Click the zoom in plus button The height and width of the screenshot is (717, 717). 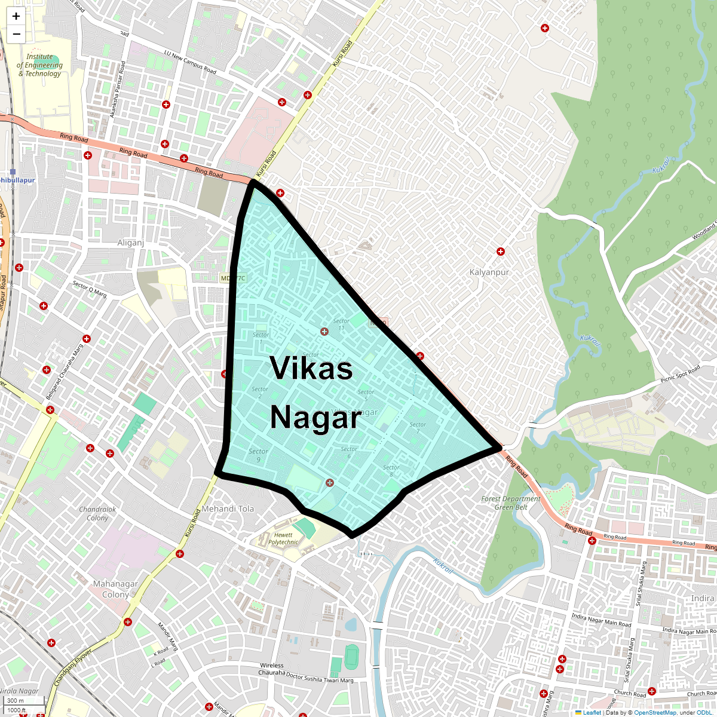point(16,17)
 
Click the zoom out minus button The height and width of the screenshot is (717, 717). point(16,34)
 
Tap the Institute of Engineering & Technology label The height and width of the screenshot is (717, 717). point(39,65)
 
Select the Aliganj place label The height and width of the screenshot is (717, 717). point(131,243)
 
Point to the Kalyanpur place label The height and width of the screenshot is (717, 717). point(489,272)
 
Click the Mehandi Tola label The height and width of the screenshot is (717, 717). point(228,508)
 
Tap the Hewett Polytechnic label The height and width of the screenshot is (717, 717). point(283,538)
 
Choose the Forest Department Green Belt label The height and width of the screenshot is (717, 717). point(511,502)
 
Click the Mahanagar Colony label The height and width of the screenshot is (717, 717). point(115,589)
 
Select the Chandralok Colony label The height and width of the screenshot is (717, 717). point(97,513)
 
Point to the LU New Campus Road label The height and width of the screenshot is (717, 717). point(190,62)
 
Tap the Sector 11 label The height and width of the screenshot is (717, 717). point(341,324)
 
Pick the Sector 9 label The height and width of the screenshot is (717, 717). point(258,455)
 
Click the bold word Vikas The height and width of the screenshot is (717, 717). point(311,368)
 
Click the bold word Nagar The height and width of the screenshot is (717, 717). point(315,418)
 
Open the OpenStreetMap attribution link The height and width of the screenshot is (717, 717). point(655,712)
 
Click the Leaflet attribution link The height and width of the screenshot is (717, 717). point(592,712)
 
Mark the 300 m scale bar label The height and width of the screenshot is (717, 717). point(16,700)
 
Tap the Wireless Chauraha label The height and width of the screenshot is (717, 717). point(271,669)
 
